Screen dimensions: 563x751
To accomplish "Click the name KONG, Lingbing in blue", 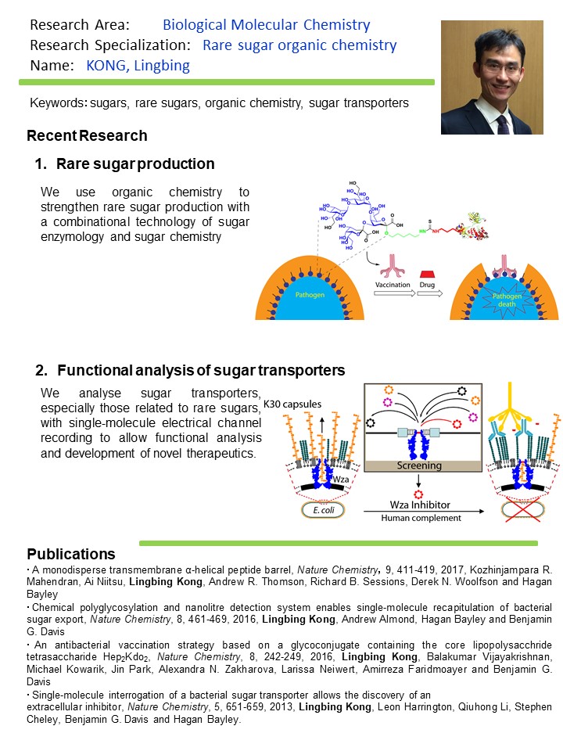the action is point(138,65).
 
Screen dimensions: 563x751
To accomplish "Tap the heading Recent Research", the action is point(87,135).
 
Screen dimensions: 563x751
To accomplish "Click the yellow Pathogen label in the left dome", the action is point(310,295).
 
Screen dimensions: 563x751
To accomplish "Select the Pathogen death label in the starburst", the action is point(507,300).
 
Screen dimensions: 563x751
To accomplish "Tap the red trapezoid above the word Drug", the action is point(427,275).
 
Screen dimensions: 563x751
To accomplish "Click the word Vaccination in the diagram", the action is point(393,285).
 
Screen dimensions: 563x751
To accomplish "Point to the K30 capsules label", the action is point(292,404).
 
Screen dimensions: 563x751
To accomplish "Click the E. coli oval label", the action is point(324,510).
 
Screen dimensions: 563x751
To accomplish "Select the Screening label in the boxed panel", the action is point(419,465).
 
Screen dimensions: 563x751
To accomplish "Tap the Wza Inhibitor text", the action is point(420,505).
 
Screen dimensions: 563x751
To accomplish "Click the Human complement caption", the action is point(421,518).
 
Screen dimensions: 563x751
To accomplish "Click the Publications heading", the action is point(71,554).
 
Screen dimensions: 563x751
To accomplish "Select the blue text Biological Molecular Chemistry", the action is point(266,24).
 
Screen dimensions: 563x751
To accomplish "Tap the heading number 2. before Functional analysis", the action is point(41,370).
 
